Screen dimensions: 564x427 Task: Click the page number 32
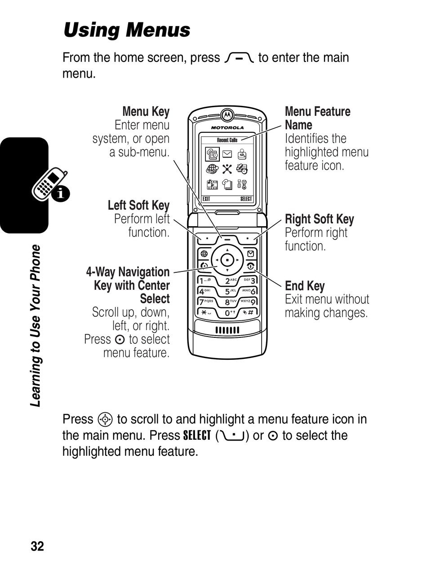37,546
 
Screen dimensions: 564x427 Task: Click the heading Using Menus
127,31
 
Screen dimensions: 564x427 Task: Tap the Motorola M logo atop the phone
227,115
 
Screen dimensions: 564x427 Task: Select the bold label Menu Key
146,112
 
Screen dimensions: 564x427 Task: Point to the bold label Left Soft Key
138,205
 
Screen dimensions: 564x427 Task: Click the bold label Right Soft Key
319,219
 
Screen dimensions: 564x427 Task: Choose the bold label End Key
304,286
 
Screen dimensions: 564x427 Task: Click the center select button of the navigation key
227,260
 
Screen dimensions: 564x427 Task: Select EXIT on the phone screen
207,199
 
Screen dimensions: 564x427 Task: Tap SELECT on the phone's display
246,199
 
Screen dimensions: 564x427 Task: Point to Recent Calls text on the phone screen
227,140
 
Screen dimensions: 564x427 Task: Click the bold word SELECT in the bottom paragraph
197,436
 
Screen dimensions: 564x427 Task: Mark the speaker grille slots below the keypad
227,330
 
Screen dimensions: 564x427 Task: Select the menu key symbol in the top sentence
239,58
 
